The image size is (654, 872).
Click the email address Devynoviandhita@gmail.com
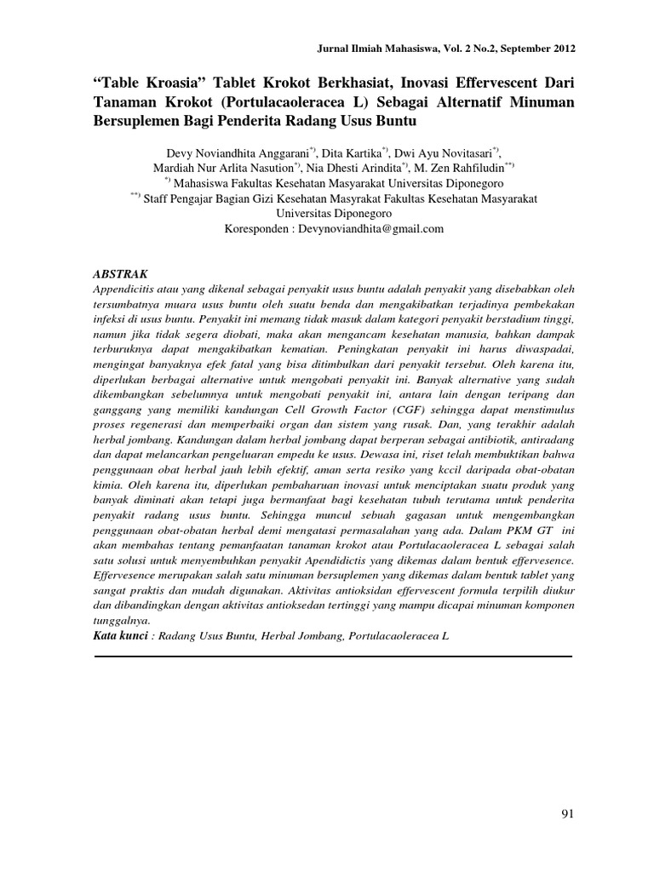(373, 229)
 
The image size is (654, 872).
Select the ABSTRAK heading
(120, 274)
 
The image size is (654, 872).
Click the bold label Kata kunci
(119, 637)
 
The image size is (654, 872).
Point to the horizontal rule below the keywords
(332, 656)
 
